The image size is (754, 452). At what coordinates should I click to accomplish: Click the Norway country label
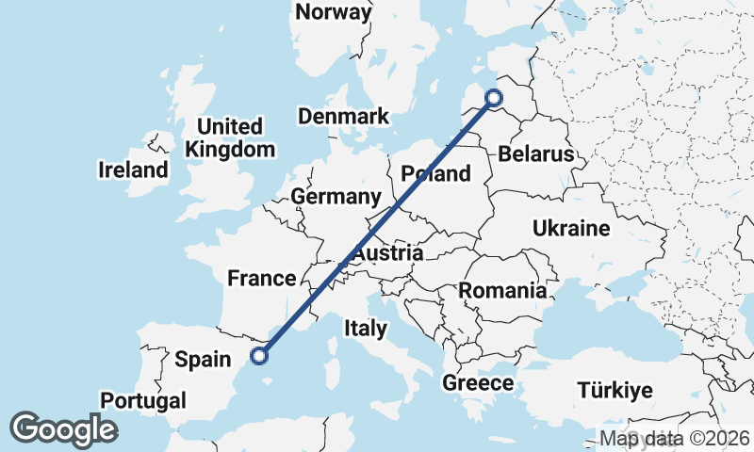[x=333, y=12]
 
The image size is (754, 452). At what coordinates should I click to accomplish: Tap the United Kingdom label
[x=231, y=137]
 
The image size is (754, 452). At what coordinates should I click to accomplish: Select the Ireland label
[x=133, y=170]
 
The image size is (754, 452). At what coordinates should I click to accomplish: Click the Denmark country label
[x=343, y=117]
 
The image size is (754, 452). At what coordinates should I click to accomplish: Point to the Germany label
[x=336, y=197]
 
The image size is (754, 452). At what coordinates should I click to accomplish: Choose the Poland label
[x=435, y=173]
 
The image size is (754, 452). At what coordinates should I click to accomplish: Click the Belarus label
[x=536, y=153]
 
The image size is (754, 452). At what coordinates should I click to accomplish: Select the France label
[x=262, y=278]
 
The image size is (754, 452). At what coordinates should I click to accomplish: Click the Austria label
[x=387, y=254]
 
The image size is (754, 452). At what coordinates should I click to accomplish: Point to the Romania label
[x=502, y=291]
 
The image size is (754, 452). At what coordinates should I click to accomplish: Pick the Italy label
[x=366, y=329]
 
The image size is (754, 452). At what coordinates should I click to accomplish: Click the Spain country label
[x=203, y=359]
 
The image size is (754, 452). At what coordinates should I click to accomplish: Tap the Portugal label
[x=143, y=400]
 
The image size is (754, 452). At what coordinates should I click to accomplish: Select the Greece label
[x=478, y=383]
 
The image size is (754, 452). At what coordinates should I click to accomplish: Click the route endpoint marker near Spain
[x=259, y=355]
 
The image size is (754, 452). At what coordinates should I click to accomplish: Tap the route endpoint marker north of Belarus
[x=494, y=97]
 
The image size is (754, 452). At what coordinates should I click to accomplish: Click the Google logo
[x=63, y=429]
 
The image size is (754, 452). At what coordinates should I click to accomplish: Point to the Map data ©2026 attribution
[x=675, y=439]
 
